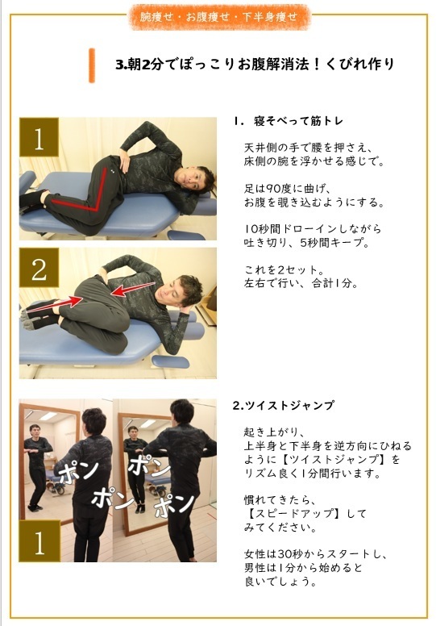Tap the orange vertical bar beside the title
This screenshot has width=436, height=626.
pyautogui.click(x=92, y=64)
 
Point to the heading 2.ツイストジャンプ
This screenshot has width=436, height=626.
pyautogui.click(x=283, y=405)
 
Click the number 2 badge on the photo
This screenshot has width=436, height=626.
pyautogui.click(x=39, y=269)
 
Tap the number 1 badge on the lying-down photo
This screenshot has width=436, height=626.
pyautogui.click(x=39, y=139)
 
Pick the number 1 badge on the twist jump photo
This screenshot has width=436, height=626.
pyautogui.click(x=39, y=541)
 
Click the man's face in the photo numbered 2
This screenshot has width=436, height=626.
pyautogui.click(x=189, y=288)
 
